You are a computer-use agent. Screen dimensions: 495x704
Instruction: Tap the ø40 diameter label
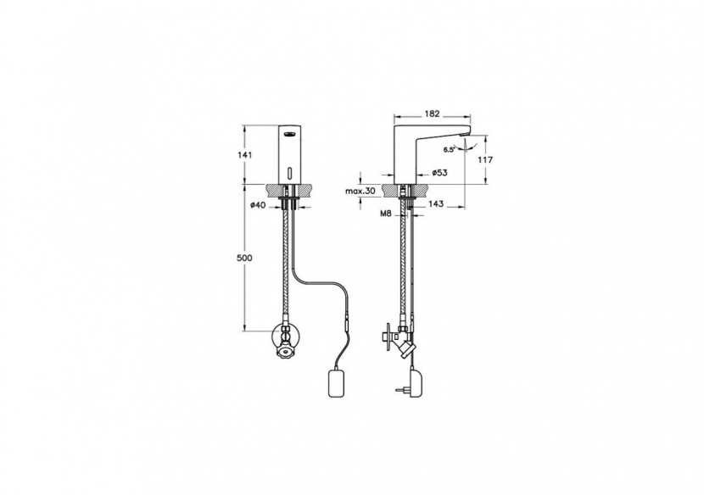[x=259, y=204]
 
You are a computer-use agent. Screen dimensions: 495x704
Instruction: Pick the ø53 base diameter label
[x=439, y=172]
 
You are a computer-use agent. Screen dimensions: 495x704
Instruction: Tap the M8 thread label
[x=386, y=214]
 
